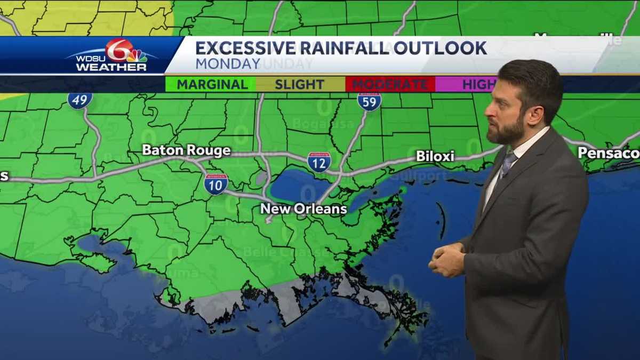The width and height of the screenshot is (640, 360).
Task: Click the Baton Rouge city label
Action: click(186, 150)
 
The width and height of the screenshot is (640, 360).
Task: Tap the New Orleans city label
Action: click(303, 209)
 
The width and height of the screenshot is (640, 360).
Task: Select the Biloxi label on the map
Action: click(435, 156)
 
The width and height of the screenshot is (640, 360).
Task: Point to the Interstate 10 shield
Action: click(216, 184)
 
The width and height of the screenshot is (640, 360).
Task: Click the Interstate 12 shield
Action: click(319, 162)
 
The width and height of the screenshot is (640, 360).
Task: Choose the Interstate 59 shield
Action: click(369, 101)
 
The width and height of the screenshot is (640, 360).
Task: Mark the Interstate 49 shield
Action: click(79, 100)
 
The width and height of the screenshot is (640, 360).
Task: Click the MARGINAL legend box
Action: click(212, 84)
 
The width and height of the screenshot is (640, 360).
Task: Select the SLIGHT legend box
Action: click(300, 84)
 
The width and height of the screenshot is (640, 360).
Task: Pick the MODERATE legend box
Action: click(390, 84)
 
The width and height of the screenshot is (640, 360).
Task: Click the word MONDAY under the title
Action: click(227, 63)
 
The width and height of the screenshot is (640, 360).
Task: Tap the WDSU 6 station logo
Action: click(113, 55)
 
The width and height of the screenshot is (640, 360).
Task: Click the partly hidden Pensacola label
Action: click(608, 153)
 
